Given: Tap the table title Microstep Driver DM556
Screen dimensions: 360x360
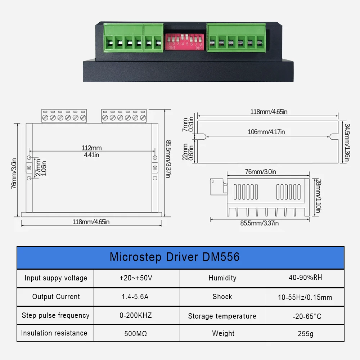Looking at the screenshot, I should coord(175,257).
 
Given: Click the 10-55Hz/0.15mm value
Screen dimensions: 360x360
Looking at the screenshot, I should coord(305,297).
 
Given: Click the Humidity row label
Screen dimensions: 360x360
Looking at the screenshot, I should coord(222,278).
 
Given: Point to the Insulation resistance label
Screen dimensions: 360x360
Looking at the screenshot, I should coord(54,333).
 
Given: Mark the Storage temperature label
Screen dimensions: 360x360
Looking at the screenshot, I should coord(222,316).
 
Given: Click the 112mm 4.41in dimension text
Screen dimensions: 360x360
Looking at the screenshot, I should coord(91,151).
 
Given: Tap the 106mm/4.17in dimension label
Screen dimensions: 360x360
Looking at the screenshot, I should coord(266,132).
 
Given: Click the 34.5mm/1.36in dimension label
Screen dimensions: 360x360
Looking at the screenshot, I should coord(347,143).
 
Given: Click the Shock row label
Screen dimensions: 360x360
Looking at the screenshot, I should coord(222,297).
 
